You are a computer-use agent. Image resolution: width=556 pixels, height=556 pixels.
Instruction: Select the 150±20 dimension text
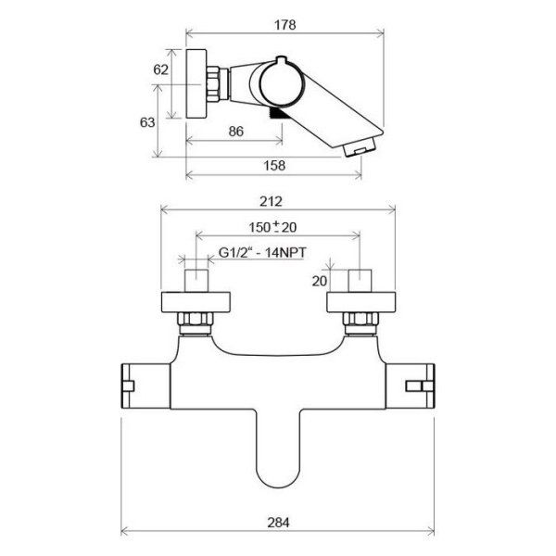point(272,227)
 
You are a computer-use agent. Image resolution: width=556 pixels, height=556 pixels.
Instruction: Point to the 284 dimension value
point(278,522)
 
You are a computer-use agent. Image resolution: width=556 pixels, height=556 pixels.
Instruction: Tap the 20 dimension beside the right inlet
point(320,282)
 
